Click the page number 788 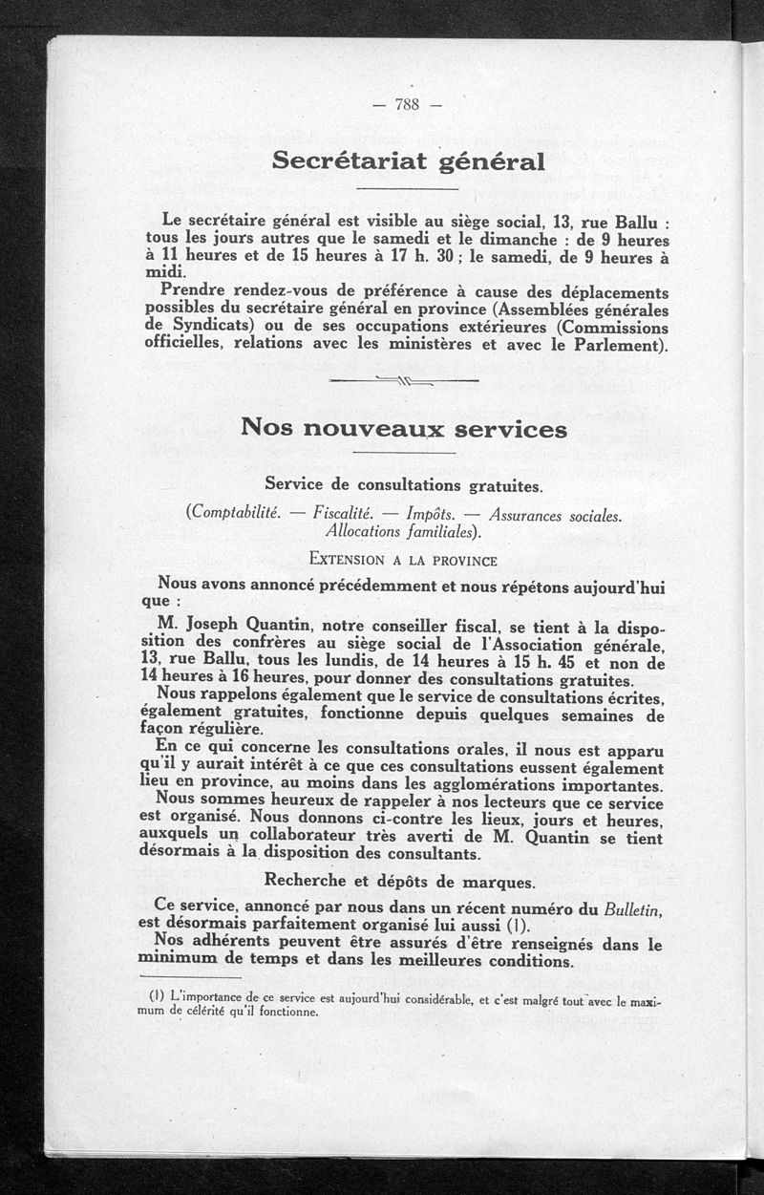[x=407, y=105]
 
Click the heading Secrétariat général [x=408, y=160]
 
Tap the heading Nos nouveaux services [x=404, y=428]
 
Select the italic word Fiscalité [x=342, y=514]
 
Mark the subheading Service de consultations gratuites [x=404, y=486]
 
